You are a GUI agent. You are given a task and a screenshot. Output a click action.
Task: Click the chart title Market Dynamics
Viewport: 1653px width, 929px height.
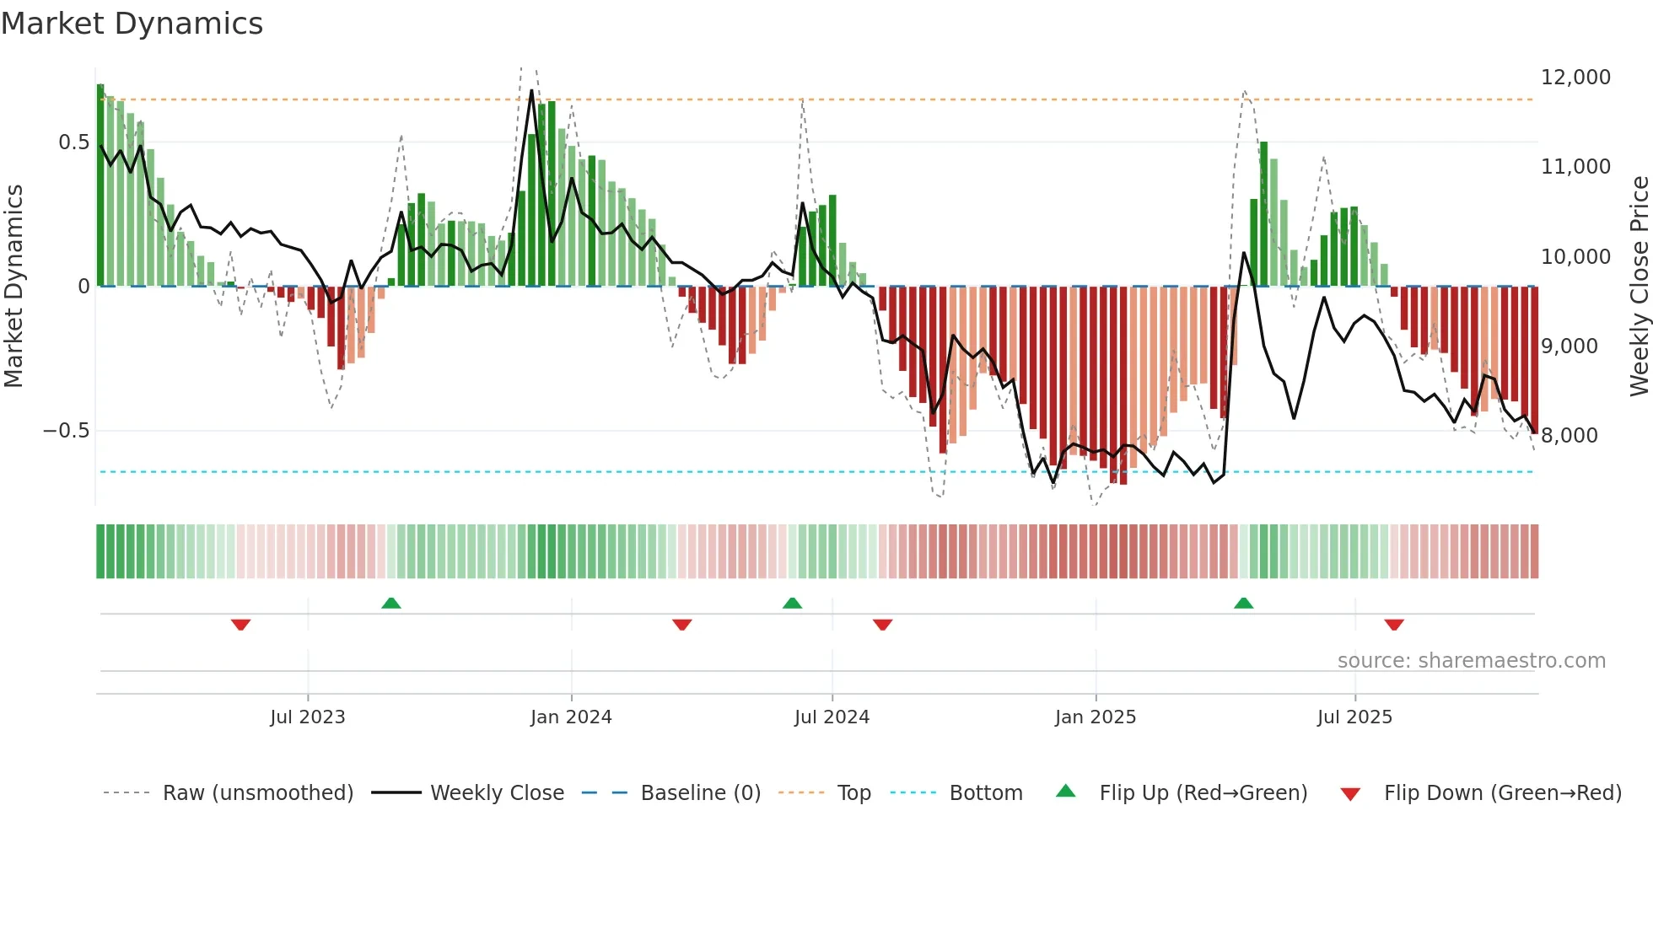[132, 24]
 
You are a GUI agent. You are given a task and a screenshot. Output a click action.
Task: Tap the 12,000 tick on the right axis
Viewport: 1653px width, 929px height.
[1575, 78]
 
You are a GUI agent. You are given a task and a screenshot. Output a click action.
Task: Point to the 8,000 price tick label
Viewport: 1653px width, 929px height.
[1569, 436]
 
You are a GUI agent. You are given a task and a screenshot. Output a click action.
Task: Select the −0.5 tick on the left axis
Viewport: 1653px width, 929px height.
[66, 431]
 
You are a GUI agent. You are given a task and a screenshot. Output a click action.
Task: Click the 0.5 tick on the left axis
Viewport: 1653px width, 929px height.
[73, 142]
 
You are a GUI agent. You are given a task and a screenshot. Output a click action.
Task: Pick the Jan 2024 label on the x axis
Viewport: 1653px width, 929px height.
[571, 717]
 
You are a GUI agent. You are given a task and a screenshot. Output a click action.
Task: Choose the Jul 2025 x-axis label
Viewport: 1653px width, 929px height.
[1354, 717]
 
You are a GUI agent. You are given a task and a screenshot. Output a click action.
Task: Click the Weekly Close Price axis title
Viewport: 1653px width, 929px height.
[1639, 287]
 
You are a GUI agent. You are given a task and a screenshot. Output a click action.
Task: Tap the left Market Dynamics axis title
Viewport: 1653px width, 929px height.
[13, 287]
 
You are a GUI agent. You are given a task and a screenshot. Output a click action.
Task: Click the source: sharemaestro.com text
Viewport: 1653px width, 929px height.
[1471, 661]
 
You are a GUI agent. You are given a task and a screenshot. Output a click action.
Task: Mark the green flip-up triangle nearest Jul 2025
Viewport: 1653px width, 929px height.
[1243, 604]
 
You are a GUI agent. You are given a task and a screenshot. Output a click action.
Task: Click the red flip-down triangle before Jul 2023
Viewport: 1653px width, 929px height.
[240, 625]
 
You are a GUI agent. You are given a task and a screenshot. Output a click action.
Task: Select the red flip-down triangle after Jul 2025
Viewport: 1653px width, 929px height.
[1393, 625]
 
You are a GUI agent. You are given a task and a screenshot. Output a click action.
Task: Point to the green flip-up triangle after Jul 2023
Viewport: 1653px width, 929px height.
[390, 604]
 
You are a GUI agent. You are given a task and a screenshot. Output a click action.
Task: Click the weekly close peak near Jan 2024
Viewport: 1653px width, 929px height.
[531, 90]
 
